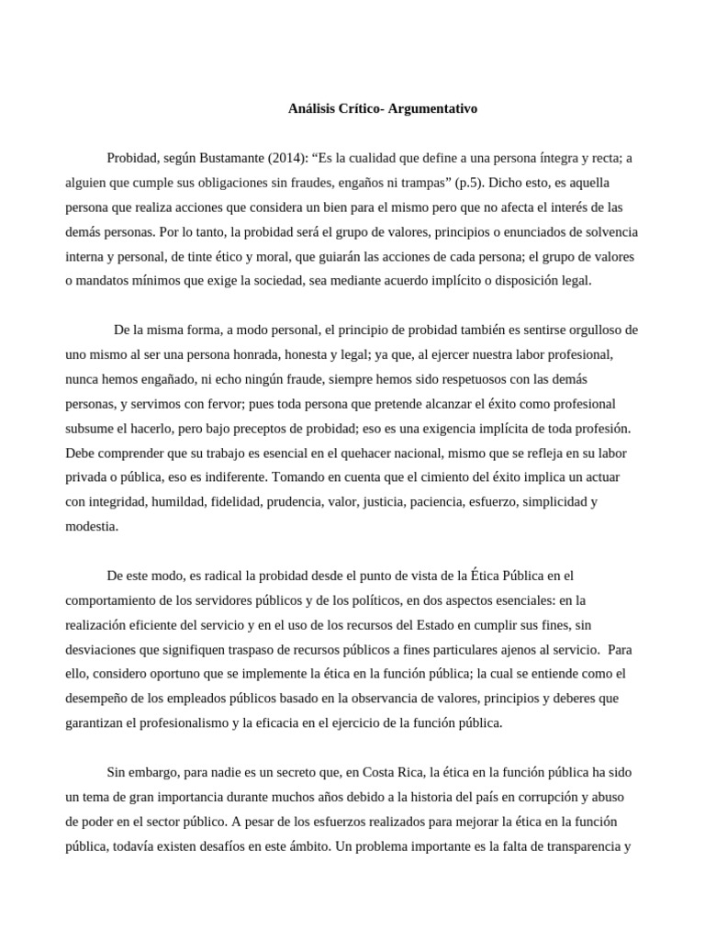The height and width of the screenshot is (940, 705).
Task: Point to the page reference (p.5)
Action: click(x=469, y=183)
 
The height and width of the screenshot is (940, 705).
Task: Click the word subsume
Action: click(x=90, y=428)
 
